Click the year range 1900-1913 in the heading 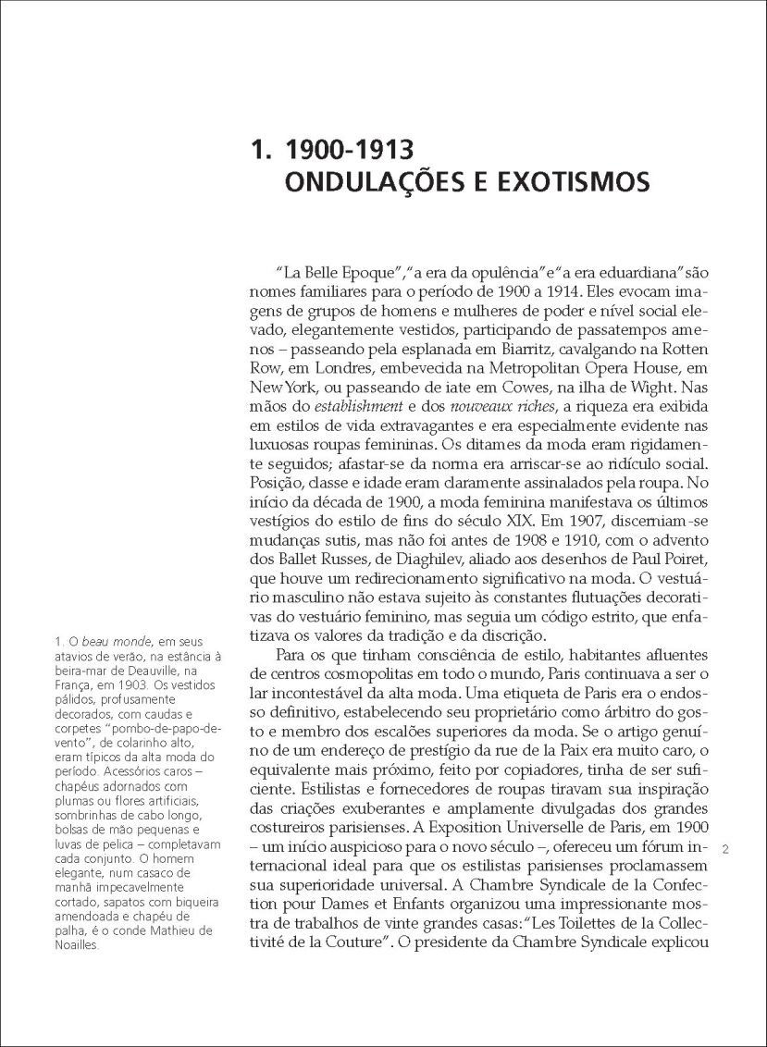pyautogui.click(x=351, y=148)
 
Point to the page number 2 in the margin pyautogui.click(x=726, y=847)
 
